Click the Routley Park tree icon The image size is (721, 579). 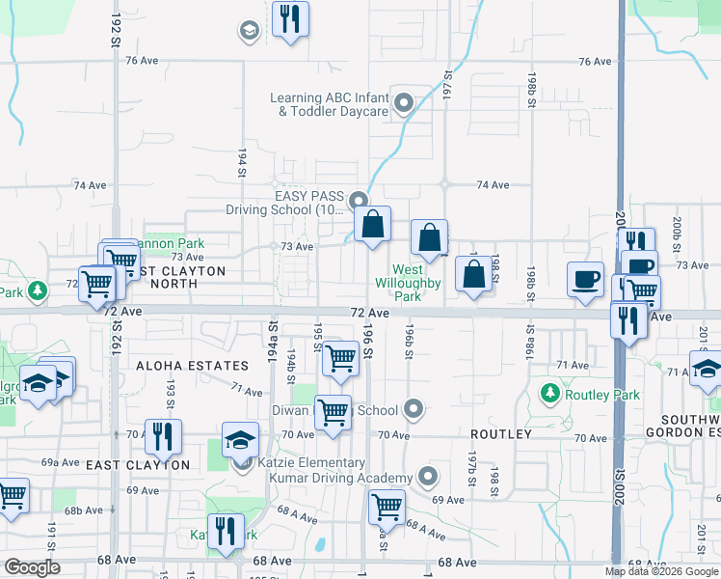point(549,394)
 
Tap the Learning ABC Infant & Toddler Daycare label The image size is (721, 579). point(329,104)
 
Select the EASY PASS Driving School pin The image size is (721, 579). point(359,201)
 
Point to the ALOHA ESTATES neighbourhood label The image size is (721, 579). point(192,366)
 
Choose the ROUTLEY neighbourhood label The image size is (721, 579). point(501,434)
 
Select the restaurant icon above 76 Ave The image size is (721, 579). point(290,18)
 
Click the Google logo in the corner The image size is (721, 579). point(33,567)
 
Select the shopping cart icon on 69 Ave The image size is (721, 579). point(387,505)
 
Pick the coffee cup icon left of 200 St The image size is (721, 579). point(585,278)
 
